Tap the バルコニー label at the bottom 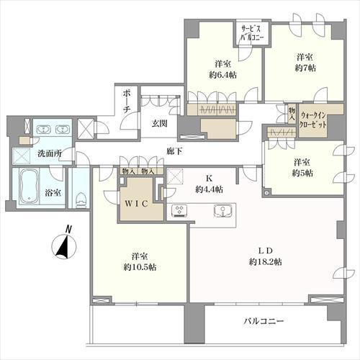tap(263, 320)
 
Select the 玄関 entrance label tap(159, 123)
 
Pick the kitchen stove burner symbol tap(179, 210)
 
